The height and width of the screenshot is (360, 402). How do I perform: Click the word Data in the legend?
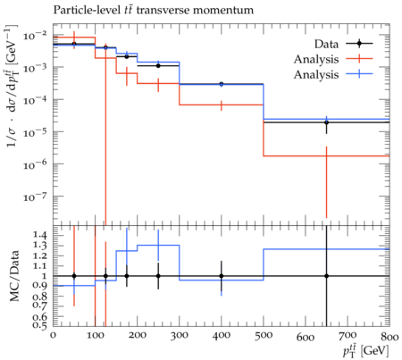coord(326,44)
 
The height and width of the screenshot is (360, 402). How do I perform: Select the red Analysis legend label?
coord(316,60)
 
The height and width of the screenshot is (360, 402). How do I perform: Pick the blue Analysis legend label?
coord(316,75)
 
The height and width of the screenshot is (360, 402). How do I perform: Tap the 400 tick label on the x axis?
coord(222,336)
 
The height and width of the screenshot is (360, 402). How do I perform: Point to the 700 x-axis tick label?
coord(348,336)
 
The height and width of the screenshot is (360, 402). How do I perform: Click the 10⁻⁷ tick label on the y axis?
coord(35,197)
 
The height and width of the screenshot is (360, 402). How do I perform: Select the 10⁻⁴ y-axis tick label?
coord(35,100)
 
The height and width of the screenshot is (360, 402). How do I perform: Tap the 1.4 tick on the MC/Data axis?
coord(40,236)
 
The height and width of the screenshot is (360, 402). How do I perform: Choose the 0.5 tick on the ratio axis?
coord(40,326)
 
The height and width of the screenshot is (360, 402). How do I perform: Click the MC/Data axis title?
coord(14,276)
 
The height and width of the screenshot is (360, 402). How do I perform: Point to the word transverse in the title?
coord(163,11)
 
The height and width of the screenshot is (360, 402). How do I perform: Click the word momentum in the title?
coord(223,11)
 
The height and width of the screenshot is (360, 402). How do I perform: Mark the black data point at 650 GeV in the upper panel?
coord(327,122)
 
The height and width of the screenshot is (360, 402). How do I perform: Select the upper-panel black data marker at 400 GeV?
coord(222,84)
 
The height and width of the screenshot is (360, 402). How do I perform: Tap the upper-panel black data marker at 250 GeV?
coord(158,66)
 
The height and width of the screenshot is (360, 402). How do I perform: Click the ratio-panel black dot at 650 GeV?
coord(327,276)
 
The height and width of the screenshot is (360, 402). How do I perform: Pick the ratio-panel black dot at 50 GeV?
coord(74,276)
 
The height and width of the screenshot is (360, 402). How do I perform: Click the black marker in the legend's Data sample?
coord(359,44)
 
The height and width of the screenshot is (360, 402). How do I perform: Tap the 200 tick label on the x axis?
coord(138,336)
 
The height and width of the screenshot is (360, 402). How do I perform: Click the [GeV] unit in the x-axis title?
coord(375,351)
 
